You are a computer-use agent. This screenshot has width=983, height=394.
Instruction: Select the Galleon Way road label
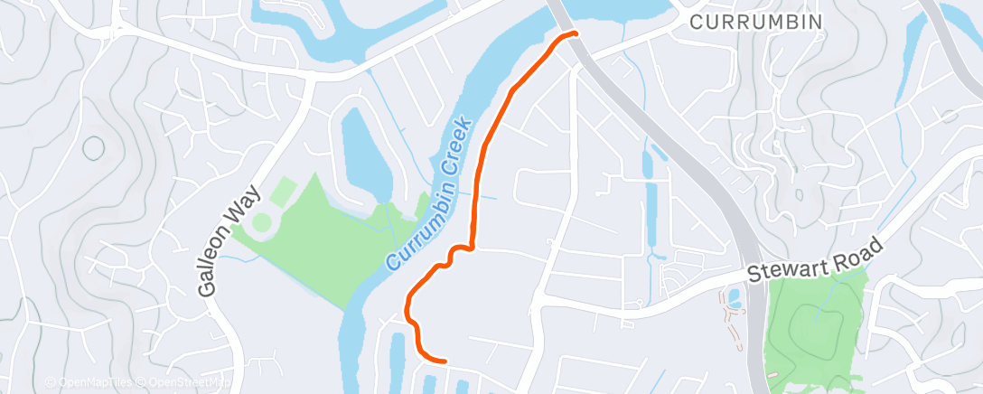[x=229, y=241]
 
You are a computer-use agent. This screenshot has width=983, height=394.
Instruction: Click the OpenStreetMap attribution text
[x=184, y=383]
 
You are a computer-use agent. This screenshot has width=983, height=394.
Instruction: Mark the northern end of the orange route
[x=574, y=34]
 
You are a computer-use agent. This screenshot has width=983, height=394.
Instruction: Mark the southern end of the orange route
[x=444, y=360]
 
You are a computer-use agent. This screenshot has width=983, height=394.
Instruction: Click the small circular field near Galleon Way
[x=262, y=221]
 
